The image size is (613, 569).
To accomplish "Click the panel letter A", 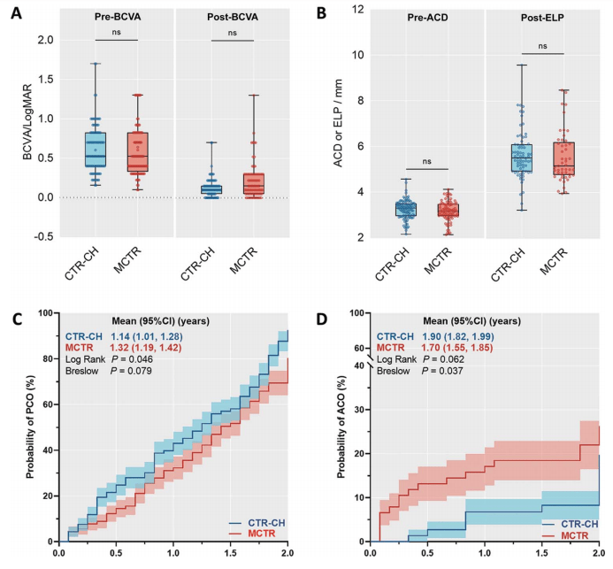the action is [x=16, y=13].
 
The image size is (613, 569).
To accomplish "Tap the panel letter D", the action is [x=321, y=319].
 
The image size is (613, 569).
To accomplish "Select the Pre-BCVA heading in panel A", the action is [x=118, y=17].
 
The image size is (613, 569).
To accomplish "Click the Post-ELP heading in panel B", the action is [x=542, y=18].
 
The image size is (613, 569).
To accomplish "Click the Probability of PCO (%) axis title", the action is [x=30, y=427].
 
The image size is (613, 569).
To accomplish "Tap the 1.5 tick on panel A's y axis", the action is [x=46, y=80].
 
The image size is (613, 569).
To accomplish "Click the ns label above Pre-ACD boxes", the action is [x=427, y=161].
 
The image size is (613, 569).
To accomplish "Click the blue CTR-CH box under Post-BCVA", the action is [x=211, y=189].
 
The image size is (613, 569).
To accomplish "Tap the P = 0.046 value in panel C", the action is [x=131, y=359].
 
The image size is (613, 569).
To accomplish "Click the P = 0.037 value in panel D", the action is [x=442, y=371].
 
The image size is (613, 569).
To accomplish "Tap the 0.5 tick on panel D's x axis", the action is [x=427, y=554].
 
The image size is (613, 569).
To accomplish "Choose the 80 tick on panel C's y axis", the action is [x=48, y=358].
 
